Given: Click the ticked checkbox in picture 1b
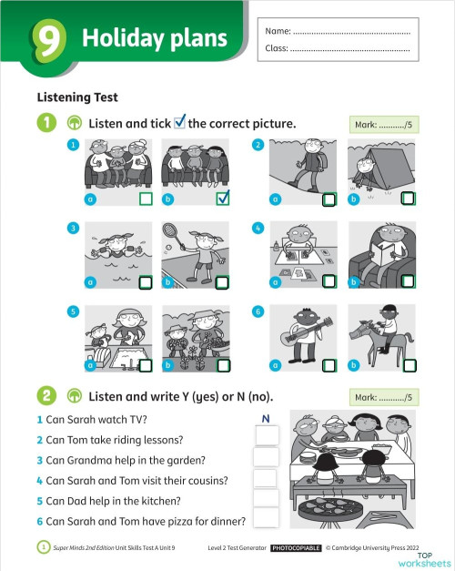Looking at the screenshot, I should pyautogui.click(x=223, y=198).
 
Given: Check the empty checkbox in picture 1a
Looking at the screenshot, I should pyautogui.click(x=146, y=199).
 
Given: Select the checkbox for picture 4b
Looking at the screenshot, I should pyautogui.click(x=408, y=282).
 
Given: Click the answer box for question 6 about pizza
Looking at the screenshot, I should pyautogui.click(x=266, y=518).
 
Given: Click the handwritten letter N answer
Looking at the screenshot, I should pyautogui.click(x=266, y=418).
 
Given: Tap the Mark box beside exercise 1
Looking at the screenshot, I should pyautogui.click(x=382, y=125).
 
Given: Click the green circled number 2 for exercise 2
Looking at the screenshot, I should pyautogui.click(x=45, y=396).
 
